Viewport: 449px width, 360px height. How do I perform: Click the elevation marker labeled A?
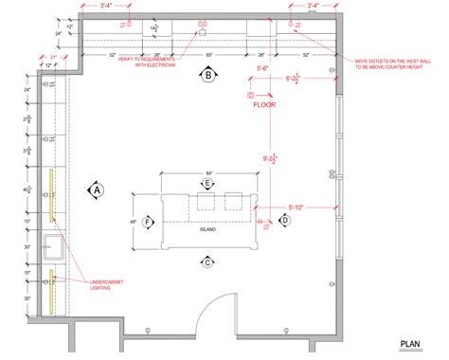(x=96, y=189)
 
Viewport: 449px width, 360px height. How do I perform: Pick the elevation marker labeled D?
(x=282, y=220)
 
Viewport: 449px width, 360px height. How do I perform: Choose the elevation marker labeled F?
(x=147, y=223)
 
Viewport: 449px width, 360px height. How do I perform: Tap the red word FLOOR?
(x=263, y=106)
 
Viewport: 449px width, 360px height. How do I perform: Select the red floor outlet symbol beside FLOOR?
(x=250, y=96)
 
